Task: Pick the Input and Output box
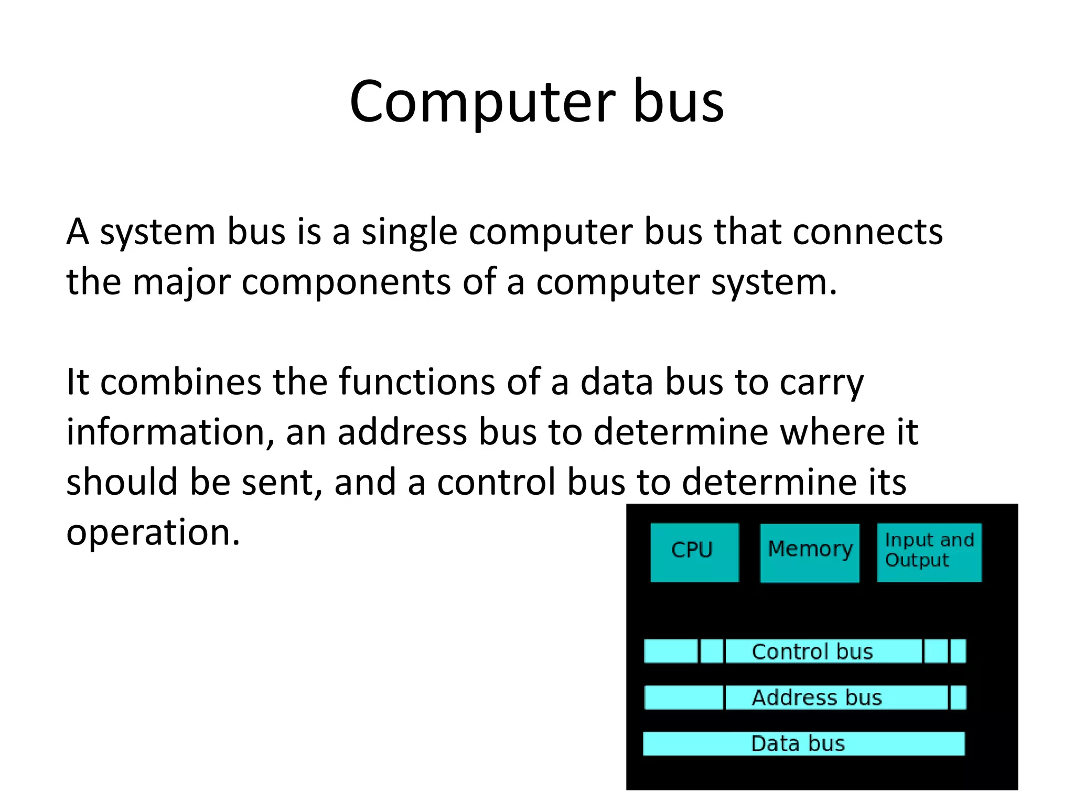pos(929,551)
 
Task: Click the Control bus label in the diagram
pos(812,651)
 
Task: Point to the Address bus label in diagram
pos(817,698)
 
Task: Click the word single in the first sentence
pos(409,233)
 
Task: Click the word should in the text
pos(122,482)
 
